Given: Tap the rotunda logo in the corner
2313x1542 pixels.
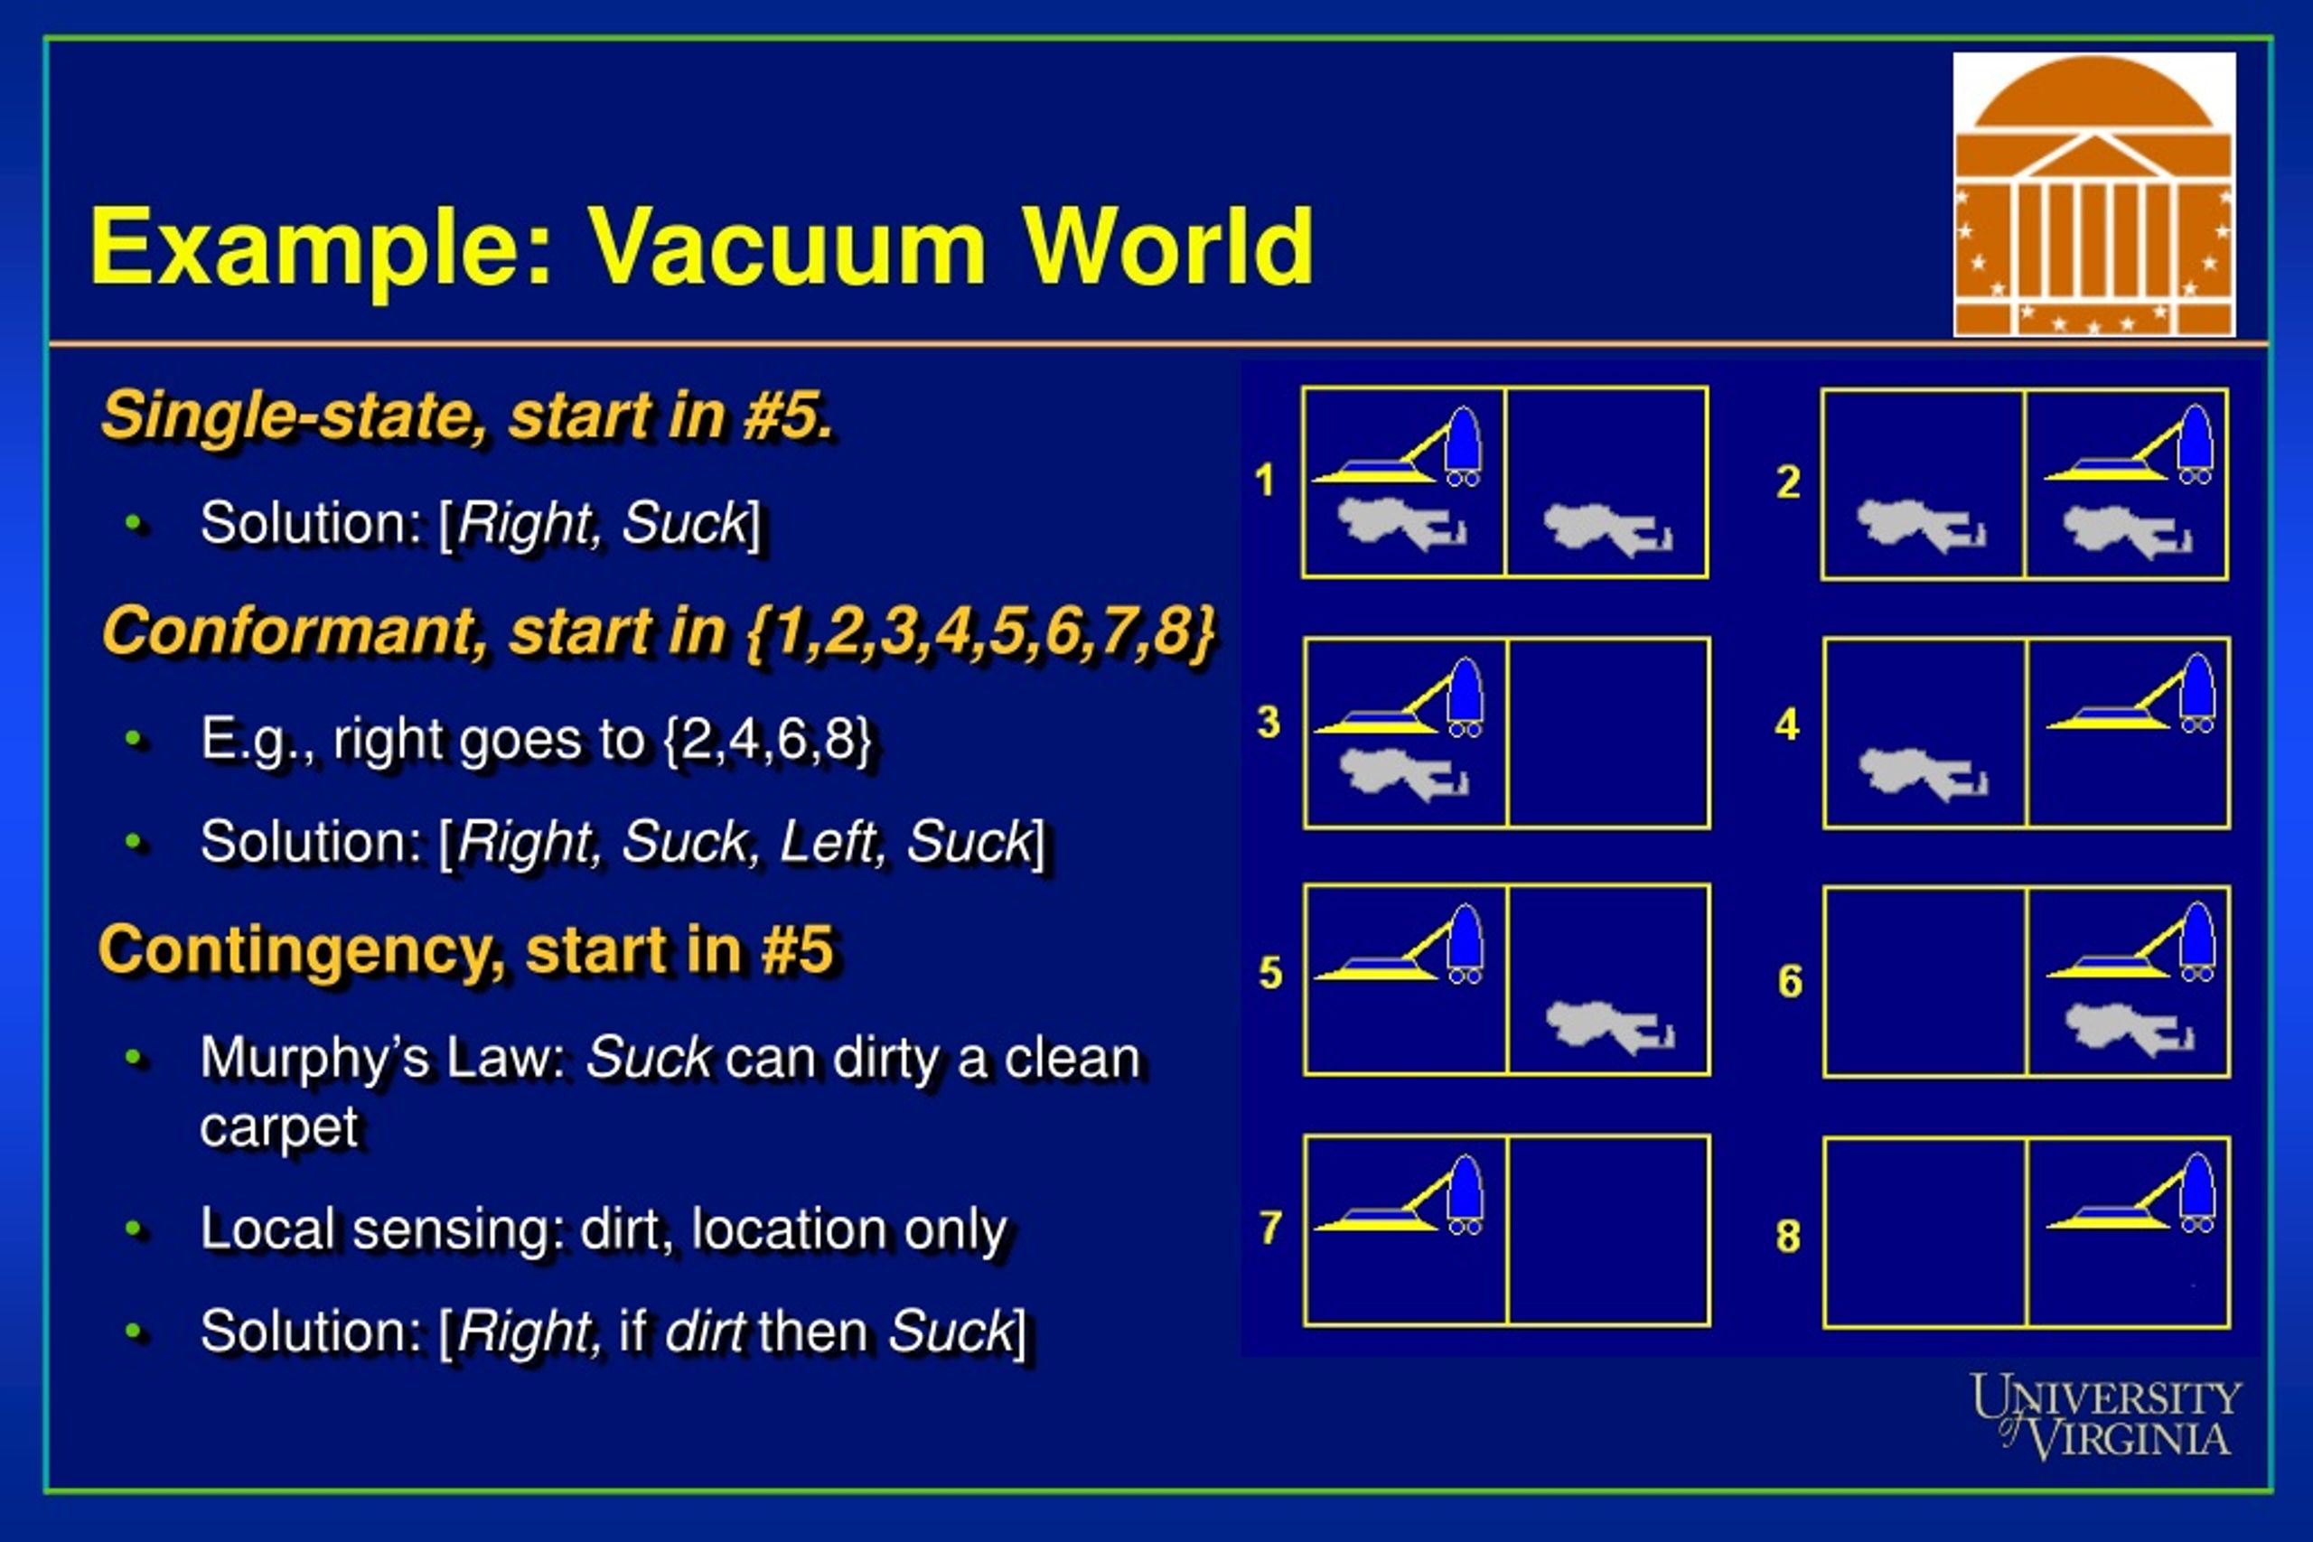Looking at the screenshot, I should pyautogui.click(x=2093, y=195).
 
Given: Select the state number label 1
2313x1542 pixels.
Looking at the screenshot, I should pyautogui.click(x=1265, y=481).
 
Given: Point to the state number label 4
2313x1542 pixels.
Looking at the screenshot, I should pyautogui.click(x=1787, y=724).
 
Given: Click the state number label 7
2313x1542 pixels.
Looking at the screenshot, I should pyautogui.click(x=1270, y=1228).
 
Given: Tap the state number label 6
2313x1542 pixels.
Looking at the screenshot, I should pyautogui.click(x=1790, y=981).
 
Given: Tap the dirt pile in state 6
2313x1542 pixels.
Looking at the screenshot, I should pyautogui.click(x=2129, y=1029).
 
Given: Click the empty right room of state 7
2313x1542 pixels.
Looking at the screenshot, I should pyautogui.click(x=1609, y=1231).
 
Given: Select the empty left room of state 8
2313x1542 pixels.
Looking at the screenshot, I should pyautogui.click(x=1924, y=1233).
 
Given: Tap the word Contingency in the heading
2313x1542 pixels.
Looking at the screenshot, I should pyautogui.click(x=301, y=950).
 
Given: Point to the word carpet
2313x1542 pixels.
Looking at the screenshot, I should pyautogui.click(x=279, y=1127).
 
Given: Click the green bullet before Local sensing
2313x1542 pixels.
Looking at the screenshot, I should pyautogui.click(x=135, y=1229).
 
